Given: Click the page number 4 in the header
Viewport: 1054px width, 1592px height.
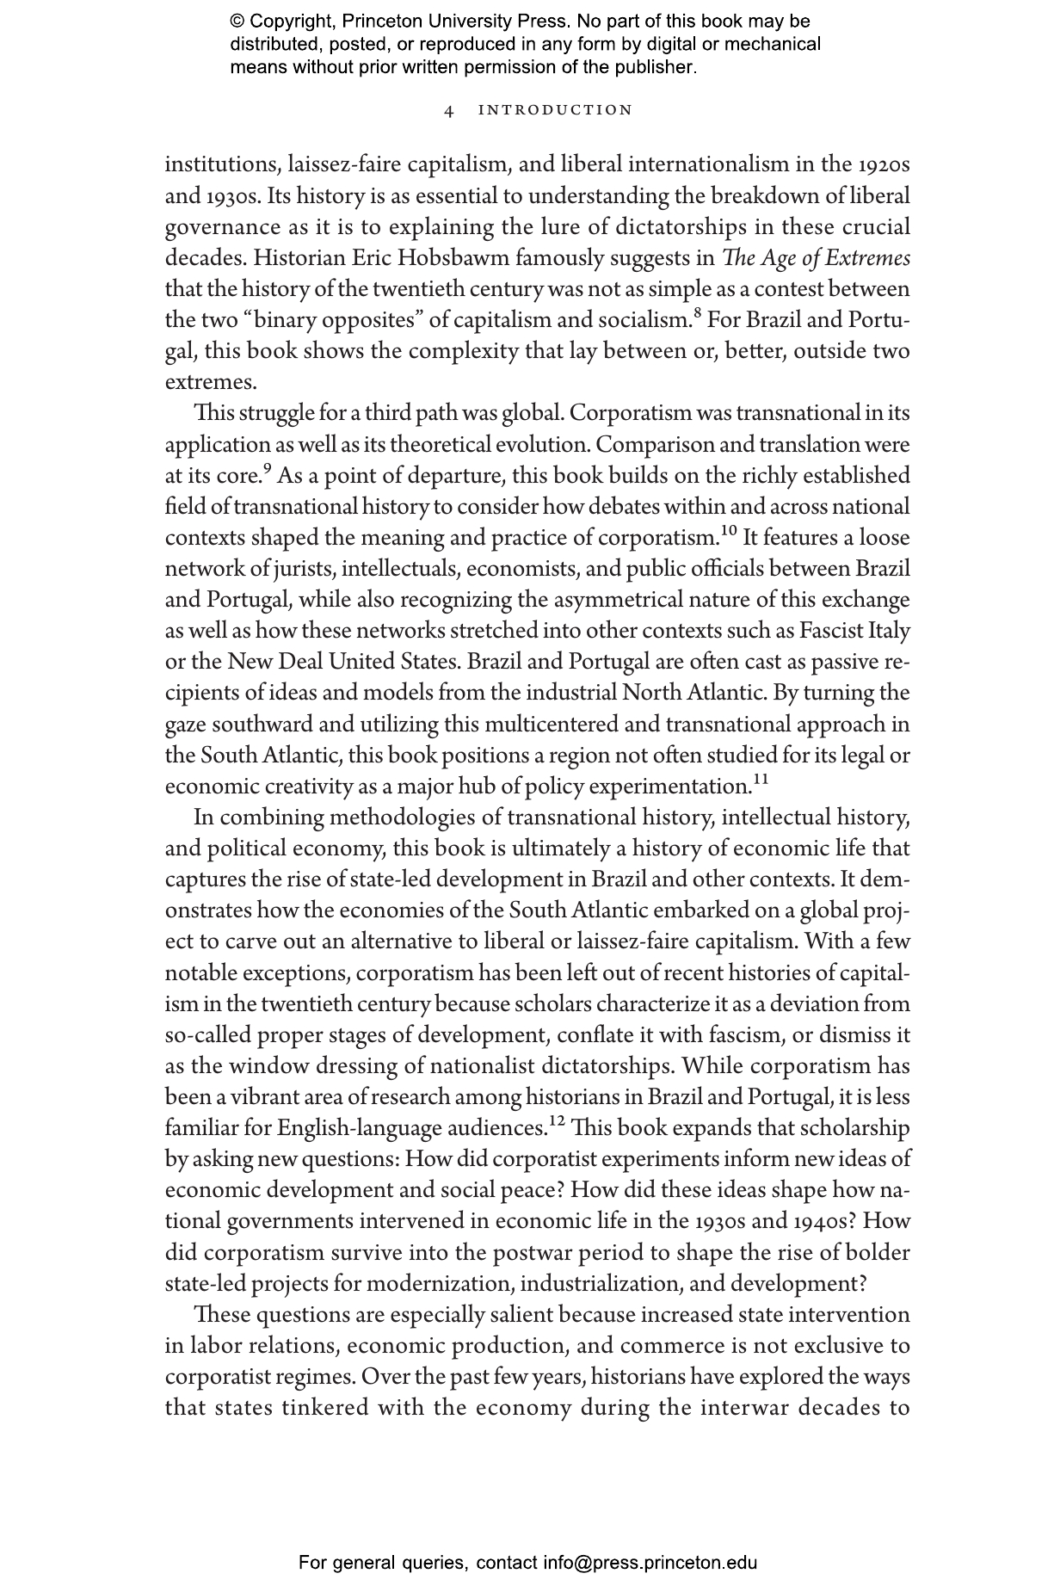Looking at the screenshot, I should pos(448,110).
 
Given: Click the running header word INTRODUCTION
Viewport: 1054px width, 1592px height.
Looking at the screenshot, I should pos(555,110).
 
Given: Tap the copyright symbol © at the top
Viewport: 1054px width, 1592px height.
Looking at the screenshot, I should pos(237,22).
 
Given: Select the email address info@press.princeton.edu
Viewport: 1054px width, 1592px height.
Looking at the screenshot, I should pos(650,1563).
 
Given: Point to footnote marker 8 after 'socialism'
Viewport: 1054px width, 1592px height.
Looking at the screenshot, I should pos(698,313).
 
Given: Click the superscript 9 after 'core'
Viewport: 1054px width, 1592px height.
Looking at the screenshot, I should pos(267,469).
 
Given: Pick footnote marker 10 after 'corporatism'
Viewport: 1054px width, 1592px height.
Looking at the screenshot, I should pos(728,531).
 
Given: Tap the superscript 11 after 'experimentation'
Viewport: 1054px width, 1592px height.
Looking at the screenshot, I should pos(761,780).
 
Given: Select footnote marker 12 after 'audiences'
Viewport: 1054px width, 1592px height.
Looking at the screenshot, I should pos(557,1121).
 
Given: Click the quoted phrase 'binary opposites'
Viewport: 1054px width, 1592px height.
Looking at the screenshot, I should pos(330,320).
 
